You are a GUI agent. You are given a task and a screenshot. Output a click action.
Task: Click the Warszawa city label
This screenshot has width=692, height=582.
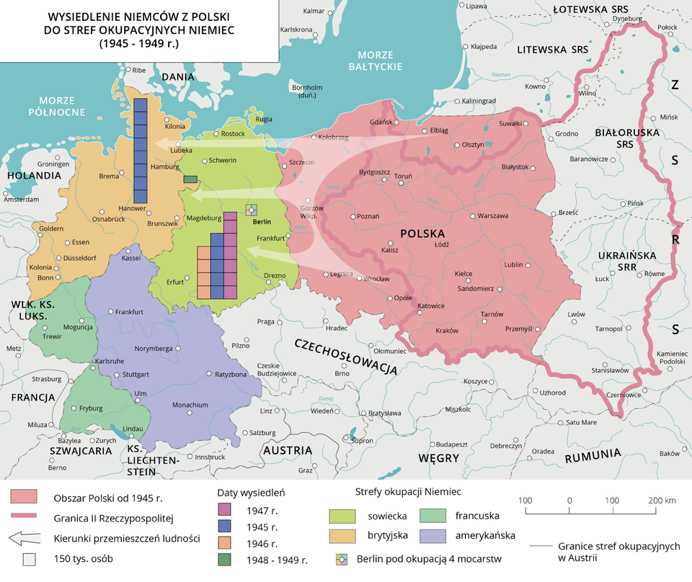tap(493, 215)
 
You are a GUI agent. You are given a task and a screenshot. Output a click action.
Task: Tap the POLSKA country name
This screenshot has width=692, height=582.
tap(422, 234)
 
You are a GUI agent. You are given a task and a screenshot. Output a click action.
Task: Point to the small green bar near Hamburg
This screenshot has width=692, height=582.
tap(190, 179)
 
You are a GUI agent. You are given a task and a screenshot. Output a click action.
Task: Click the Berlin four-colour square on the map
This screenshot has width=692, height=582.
tap(250, 210)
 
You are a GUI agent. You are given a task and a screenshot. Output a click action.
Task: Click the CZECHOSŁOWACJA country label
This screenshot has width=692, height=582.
tap(345, 355)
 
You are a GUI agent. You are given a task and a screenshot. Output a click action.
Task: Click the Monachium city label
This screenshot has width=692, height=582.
tap(190, 405)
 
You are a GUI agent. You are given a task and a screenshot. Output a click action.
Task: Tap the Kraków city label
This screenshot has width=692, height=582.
tap(447, 331)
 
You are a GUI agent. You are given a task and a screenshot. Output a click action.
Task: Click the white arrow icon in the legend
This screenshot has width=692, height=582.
tap(25, 537)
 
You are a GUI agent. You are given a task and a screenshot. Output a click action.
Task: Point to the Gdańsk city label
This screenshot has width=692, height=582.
tap(380, 122)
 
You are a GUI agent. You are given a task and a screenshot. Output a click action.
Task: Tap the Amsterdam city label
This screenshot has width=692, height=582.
tap(20, 200)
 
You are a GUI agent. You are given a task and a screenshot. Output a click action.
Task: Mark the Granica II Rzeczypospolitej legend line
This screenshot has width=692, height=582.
tap(25, 517)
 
